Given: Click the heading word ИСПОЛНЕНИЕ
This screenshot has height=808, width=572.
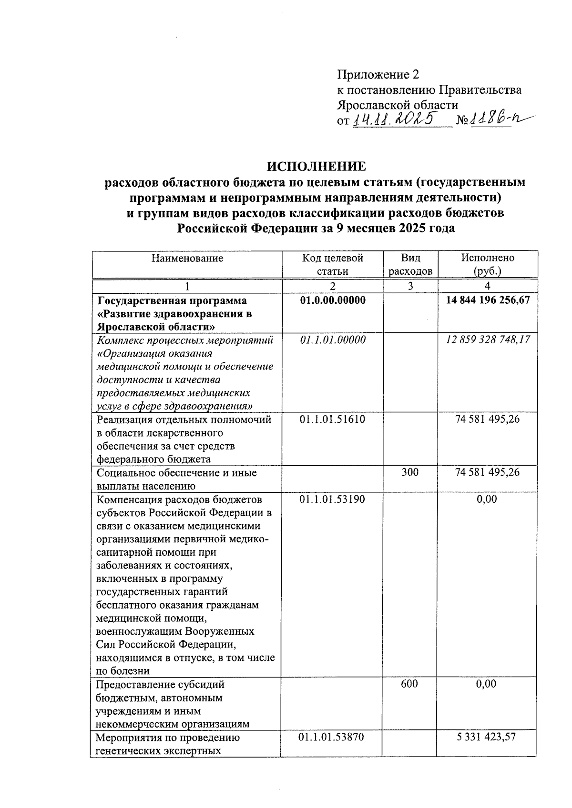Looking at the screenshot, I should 316,167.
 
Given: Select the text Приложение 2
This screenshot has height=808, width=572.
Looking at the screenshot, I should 378,75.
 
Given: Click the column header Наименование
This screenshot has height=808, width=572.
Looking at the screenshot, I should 187,259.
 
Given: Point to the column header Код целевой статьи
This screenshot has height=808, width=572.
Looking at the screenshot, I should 333,265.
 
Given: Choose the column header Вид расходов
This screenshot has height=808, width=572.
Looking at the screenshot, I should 410,265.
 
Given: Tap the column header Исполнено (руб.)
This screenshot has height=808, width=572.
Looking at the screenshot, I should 488,265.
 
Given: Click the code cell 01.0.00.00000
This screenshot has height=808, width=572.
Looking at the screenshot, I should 333,300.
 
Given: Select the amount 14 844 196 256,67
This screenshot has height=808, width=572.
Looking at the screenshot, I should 488,300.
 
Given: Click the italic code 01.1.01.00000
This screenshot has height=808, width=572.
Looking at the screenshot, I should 333,340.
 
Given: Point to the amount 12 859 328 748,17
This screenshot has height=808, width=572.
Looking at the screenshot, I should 488,340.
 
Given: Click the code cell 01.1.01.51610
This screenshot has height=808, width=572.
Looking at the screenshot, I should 332,419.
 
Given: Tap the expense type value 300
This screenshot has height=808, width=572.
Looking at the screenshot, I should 410,472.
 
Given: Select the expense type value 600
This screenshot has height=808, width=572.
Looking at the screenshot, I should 409,684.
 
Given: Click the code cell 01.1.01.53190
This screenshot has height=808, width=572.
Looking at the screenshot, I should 332,499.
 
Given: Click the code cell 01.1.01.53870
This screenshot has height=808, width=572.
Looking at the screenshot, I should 332,737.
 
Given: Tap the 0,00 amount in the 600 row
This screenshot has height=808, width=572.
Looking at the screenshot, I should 486,684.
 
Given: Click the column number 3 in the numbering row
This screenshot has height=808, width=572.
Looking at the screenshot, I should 410,286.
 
